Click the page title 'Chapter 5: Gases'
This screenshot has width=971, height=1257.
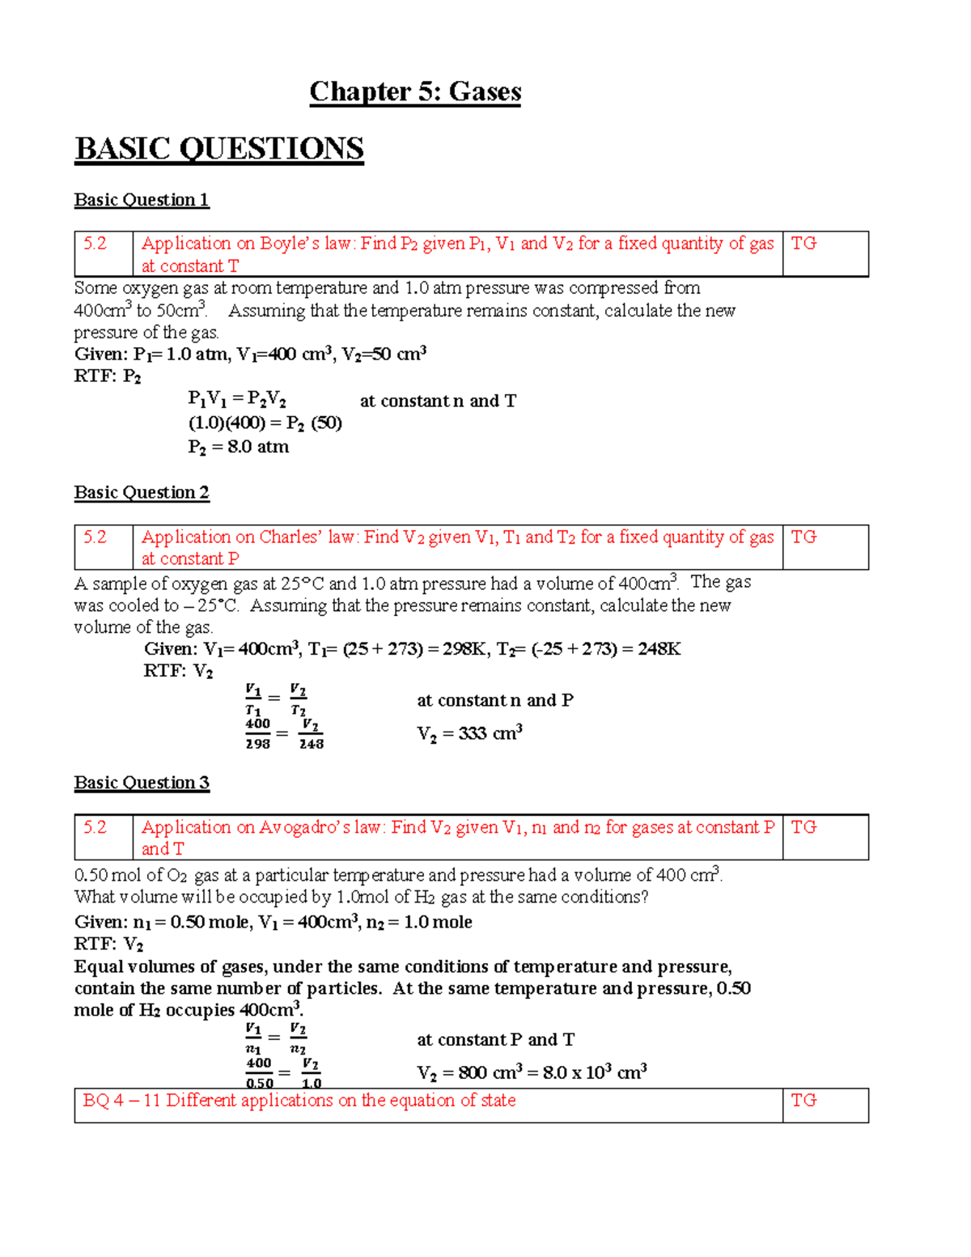tap(415, 91)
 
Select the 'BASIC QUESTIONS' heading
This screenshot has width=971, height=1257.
tap(218, 149)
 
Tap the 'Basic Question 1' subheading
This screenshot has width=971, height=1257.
tap(142, 200)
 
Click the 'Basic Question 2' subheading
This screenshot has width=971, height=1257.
tap(142, 492)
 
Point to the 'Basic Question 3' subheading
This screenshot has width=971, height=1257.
tap(142, 783)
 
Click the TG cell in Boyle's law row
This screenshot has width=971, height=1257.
tap(825, 253)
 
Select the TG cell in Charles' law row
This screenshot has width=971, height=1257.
tap(825, 547)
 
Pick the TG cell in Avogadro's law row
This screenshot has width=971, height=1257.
tap(825, 837)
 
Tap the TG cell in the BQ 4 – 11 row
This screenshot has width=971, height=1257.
tap(825, 1105)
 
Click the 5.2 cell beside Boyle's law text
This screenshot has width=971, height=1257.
tap(104, 253)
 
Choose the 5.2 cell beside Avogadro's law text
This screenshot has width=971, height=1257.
tap(104, 837)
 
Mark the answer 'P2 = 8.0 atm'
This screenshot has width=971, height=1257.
tap(238, 447)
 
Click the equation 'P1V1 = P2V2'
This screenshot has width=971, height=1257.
tap(236, 400)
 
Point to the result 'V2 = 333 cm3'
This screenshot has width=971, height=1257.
tap(469, 733)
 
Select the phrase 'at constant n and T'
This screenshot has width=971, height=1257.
tap(438, 401)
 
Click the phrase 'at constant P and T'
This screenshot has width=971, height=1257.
tap(495, 1039)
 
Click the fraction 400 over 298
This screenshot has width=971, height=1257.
tap(258, 733)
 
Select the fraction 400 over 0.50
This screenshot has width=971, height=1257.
tap(259, 1073)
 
